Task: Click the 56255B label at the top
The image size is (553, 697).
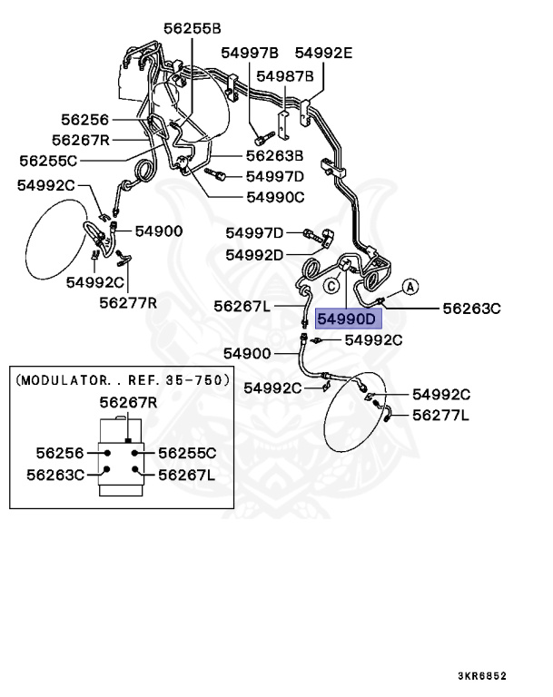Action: point(193,29)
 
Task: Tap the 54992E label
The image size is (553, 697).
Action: point(323,53)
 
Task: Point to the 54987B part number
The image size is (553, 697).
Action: point(284,75)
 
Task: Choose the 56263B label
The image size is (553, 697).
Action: point(273,155)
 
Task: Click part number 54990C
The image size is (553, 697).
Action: point(275,196)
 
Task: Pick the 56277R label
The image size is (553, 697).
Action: point(128,302)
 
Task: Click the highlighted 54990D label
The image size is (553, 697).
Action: point(346,319)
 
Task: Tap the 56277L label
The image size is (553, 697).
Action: point(440,415)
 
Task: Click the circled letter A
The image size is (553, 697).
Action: point(409,288)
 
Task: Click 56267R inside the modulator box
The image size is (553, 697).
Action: point(128,402)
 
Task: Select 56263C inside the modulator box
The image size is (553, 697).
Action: point(54,474)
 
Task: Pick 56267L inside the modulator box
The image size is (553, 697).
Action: point(187,474)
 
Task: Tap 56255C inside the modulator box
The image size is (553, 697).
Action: point(187,453)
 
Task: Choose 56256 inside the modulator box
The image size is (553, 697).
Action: point(61,453)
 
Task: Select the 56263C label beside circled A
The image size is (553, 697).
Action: point(471,309)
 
